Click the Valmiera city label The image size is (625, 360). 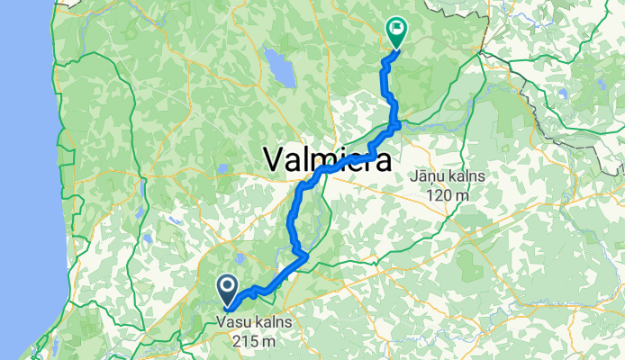[328, 160]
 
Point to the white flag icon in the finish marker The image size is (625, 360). [396, 28]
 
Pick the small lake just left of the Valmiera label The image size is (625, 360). [222, 166]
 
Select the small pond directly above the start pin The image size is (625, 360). [240, 259]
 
